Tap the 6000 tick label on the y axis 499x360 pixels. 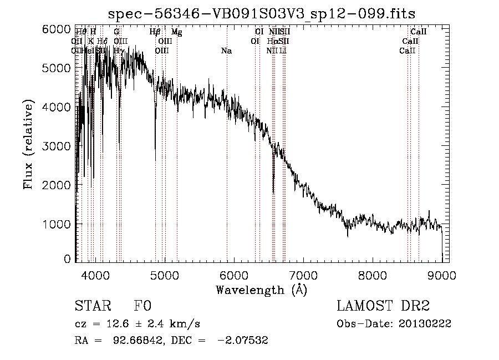(x=57, y=29)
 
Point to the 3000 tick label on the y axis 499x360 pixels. (x=57, y=146)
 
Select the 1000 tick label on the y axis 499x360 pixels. (x=57, y=224)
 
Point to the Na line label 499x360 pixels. (x=226, y=51)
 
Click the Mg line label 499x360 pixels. (x=176, y=32)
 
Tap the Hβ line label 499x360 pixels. (x=155, y=32)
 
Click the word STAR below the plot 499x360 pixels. (x=91, y=307)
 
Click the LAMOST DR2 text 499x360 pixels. (x=383, y=307)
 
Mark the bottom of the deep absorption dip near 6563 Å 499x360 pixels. (x=273, y=192)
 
